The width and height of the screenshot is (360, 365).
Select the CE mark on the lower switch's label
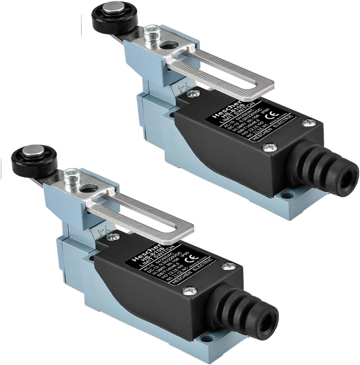[x=191, y=256]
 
